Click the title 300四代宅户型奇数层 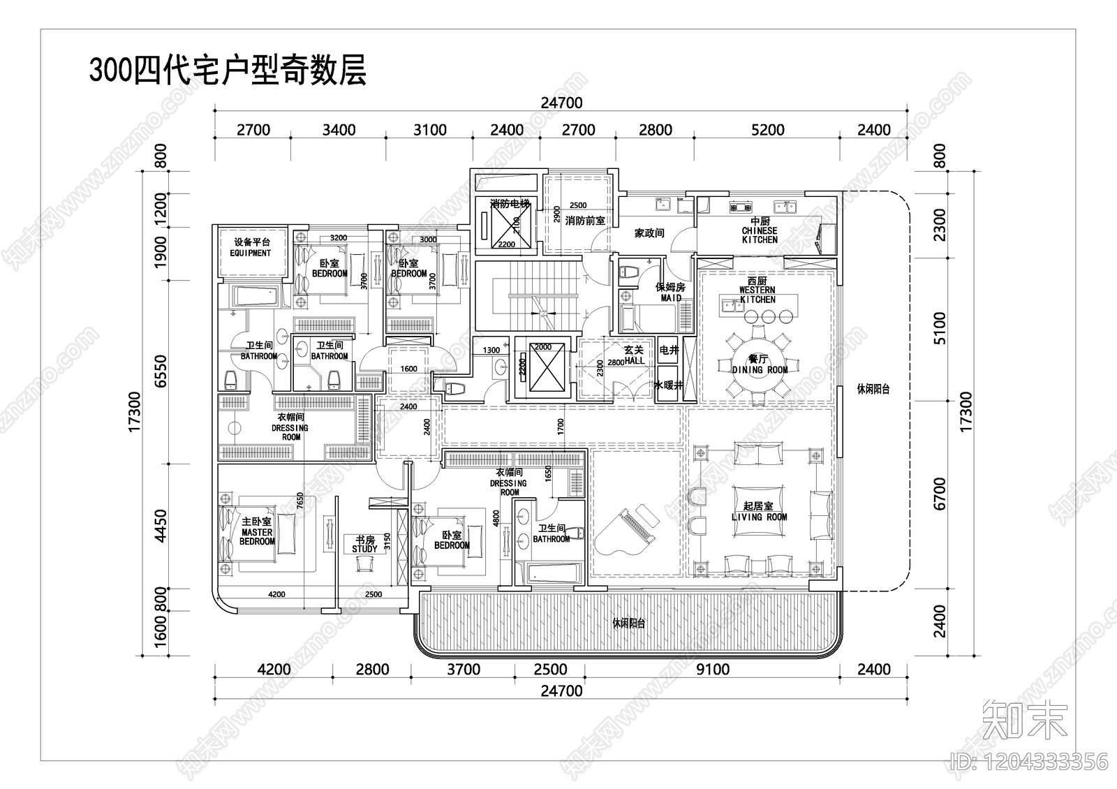click(228, 71)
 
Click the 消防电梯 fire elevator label click(510, 205)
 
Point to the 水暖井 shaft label click(667, 385)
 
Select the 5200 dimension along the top click(768, 130)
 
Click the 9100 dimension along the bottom click(713, 669)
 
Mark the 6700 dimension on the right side click(940, 493)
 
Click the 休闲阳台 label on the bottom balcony click(628, 624)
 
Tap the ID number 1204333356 click(1030, 761)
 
